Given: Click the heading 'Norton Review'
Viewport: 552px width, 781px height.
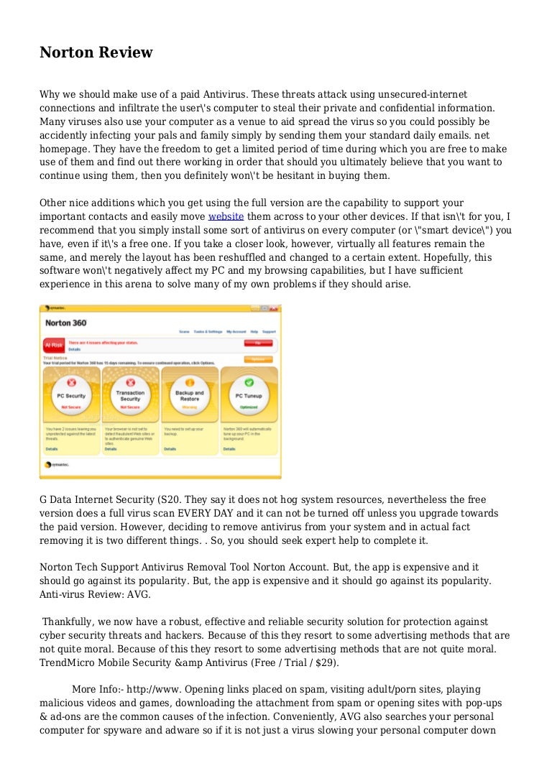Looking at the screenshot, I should pos(96,52).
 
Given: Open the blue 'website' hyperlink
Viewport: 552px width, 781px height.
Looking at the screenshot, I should pos(226,216).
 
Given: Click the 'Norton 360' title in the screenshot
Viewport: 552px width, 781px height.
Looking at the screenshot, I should pos(66,323).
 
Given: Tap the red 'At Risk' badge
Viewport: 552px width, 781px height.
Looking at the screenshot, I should pos(53,346).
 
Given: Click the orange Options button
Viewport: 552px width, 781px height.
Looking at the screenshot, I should pos(258,359).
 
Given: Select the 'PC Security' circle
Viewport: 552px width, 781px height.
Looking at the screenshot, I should pos(70,396).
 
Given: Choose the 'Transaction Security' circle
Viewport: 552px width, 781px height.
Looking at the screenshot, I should pos(130,396).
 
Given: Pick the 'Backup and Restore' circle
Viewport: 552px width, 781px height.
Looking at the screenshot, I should pos(190,396).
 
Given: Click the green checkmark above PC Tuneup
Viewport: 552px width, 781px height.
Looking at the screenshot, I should pos(249,382).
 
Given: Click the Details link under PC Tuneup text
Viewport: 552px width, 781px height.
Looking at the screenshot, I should pos(229,449).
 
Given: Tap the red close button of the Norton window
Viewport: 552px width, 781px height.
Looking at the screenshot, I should pos(274,309).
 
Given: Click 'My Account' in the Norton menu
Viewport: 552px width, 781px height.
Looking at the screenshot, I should pos(236,332).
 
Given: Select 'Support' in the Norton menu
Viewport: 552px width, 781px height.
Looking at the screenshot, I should pos(269,332).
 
